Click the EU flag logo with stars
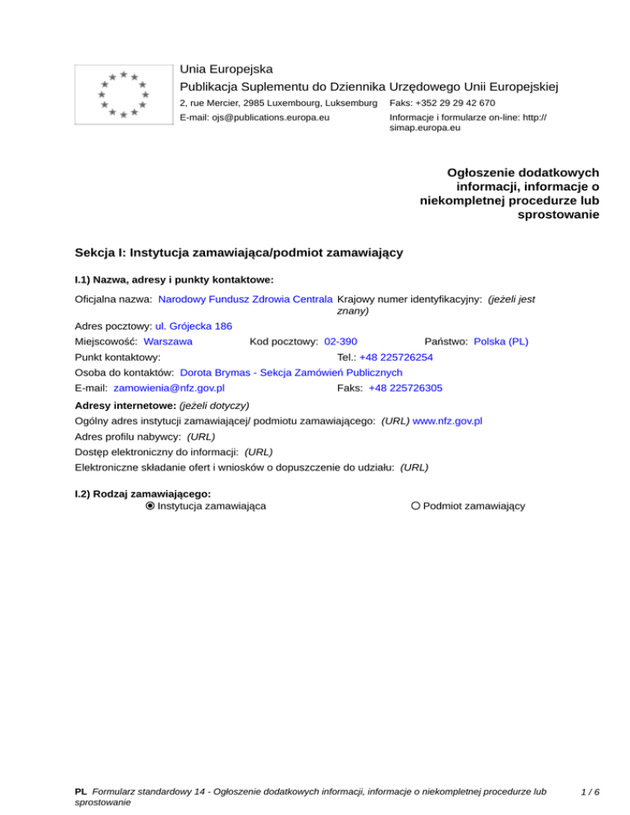pyautogui.click(x=123, y=94)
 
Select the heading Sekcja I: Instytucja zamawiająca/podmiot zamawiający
pyautogui.click(x=238, y=253)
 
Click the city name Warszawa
pyautogui.click(x=168, y=340)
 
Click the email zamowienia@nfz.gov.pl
pyautogui.click(x=170, y=387)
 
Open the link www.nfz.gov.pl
pyautogui.click(x=447, y=421)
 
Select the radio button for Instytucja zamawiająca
pyautogui.click(x=150, y=506)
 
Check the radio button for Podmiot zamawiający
pyautogui.click(x=416, y=506)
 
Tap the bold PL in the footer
pyautogui.click(x=80, y=792)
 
